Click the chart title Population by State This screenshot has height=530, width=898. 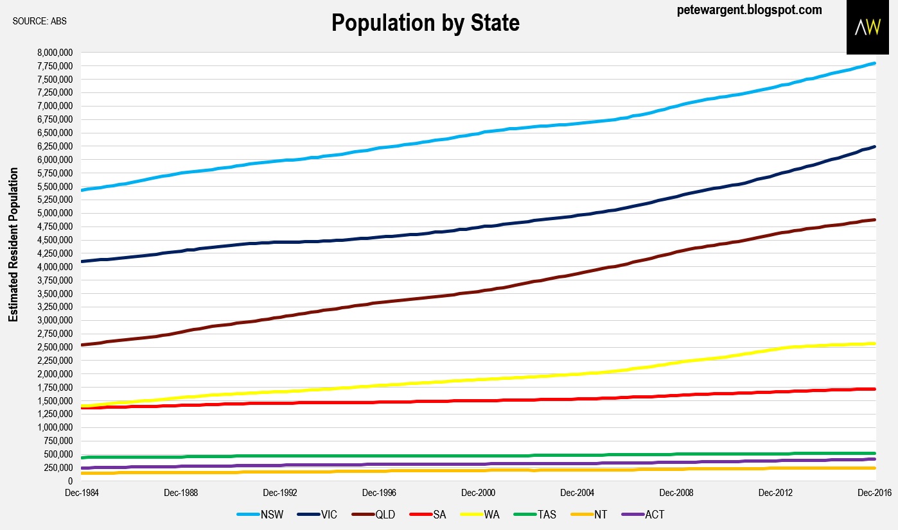click(x=425, y=22)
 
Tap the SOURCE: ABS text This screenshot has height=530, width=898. click(x=40, y=21)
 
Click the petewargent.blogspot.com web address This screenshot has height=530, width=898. click(x=750, y=10)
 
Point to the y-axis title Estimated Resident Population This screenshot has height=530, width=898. click(x=13, y=245)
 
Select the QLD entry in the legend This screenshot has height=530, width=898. click(x=375, y=515)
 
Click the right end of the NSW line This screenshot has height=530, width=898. click(x=875, y=64)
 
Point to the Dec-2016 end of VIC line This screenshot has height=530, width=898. click(x=875, y=146)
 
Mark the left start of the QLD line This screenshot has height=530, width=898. click(x=82, y=345)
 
